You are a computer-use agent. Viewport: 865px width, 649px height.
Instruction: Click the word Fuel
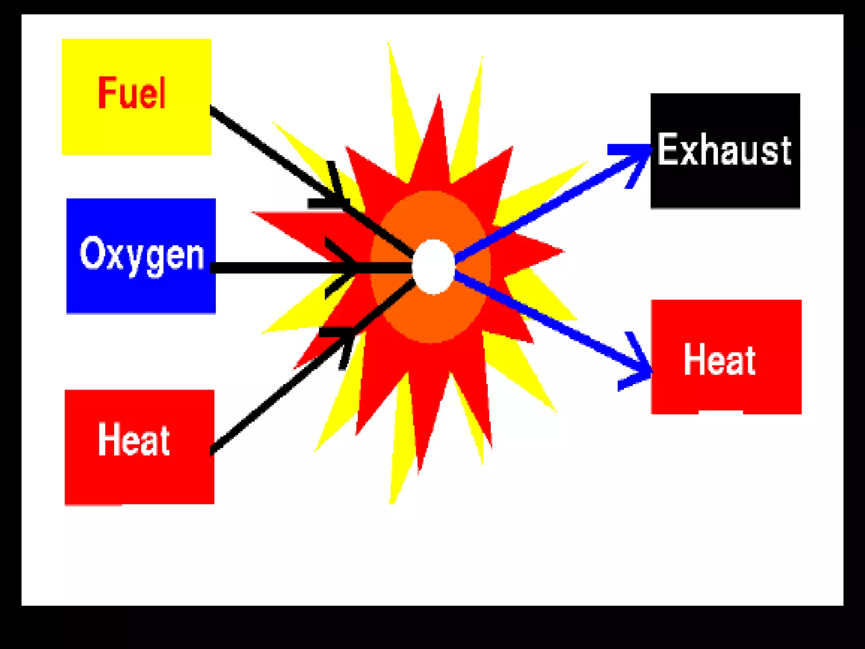tap(132, 93)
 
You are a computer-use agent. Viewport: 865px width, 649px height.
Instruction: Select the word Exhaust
tap(724, 150)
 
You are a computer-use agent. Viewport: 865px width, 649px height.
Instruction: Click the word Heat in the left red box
tap(133, 440)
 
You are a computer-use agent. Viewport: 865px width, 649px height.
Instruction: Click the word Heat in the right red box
tap(720, 360)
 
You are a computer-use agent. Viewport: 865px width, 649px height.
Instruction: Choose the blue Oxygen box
tap(141, 292)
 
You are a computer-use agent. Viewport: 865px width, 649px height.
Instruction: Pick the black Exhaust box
tap(725, 186)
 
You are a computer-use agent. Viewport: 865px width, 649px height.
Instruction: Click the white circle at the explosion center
tap(433, 267)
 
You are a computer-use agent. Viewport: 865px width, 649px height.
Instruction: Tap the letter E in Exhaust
tap(667, 149)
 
